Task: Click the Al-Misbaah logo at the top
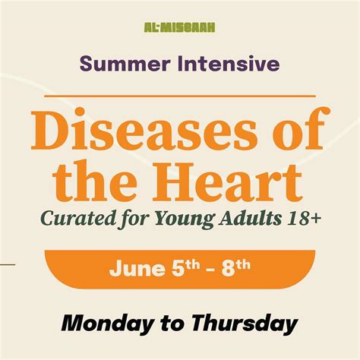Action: click(179, 27)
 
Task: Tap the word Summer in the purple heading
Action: click(125, 64)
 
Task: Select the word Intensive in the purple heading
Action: click(229, 63)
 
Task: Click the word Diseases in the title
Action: click(144, 129)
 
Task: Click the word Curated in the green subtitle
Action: click(77, 218)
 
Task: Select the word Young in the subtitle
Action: click(185, 219)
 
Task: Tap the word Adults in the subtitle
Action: click(251, 218)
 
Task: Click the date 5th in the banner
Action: click(186, 268)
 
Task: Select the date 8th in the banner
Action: click(236, 268)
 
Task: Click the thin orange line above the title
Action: click(180, 96)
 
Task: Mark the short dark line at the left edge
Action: click(8, 265)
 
